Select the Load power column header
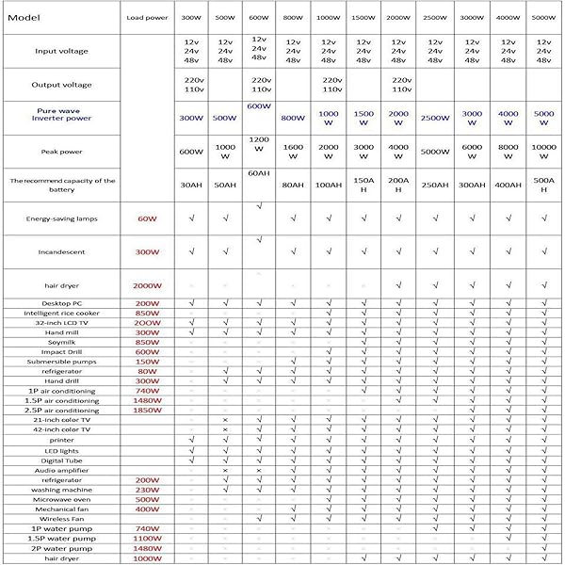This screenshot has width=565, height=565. [146, 17]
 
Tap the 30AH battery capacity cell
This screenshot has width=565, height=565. [191, 185]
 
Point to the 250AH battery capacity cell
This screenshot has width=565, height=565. [435, 185]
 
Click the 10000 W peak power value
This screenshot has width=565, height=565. [543, 153]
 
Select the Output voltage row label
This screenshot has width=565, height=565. [62, 85]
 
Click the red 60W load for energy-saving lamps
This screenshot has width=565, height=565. [147, 218]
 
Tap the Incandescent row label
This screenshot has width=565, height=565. [62, 252]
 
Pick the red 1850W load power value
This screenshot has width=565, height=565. [147, 410]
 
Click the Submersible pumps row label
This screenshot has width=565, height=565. [62, 361]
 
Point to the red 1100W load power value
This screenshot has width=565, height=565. [147, 538]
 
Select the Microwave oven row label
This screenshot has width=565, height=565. [62, 499]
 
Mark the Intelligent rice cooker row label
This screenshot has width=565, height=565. [62, 313]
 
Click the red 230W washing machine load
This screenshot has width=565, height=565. [147, 489]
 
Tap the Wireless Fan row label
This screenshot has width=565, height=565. [62, 519]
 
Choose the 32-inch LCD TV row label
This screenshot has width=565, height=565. [62, 322]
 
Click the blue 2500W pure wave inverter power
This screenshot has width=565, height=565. [435, 119]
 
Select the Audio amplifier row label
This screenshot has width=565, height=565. [62, 470]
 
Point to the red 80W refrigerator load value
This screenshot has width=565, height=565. [147, 371]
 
